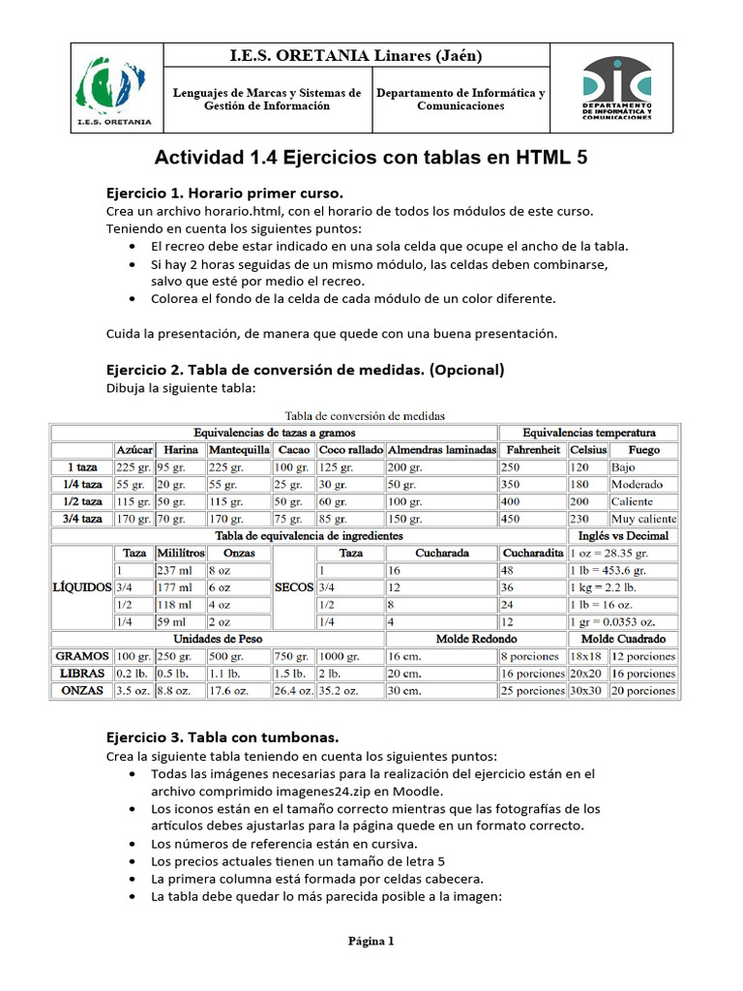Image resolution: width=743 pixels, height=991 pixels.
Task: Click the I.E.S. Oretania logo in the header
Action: (x=113, y=87)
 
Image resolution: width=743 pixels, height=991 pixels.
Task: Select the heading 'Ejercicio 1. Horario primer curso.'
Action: (x=224, y=192)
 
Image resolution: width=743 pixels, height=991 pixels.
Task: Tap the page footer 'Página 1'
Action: (x=371, y=941)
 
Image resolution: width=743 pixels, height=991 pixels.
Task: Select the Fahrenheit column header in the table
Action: (x=532, y=450)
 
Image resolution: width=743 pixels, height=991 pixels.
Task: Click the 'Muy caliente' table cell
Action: (x=643, y=519)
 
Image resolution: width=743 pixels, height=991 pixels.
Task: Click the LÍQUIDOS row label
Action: (x=81, y=587)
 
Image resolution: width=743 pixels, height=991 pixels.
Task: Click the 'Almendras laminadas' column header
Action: (x=440, y=450)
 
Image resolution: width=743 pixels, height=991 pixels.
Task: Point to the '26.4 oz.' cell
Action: (x=294, y=691)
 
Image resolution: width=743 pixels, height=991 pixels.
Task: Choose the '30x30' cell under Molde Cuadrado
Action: (x=586, y=691)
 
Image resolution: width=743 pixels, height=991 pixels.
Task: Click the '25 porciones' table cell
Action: (x=531, y=691)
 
